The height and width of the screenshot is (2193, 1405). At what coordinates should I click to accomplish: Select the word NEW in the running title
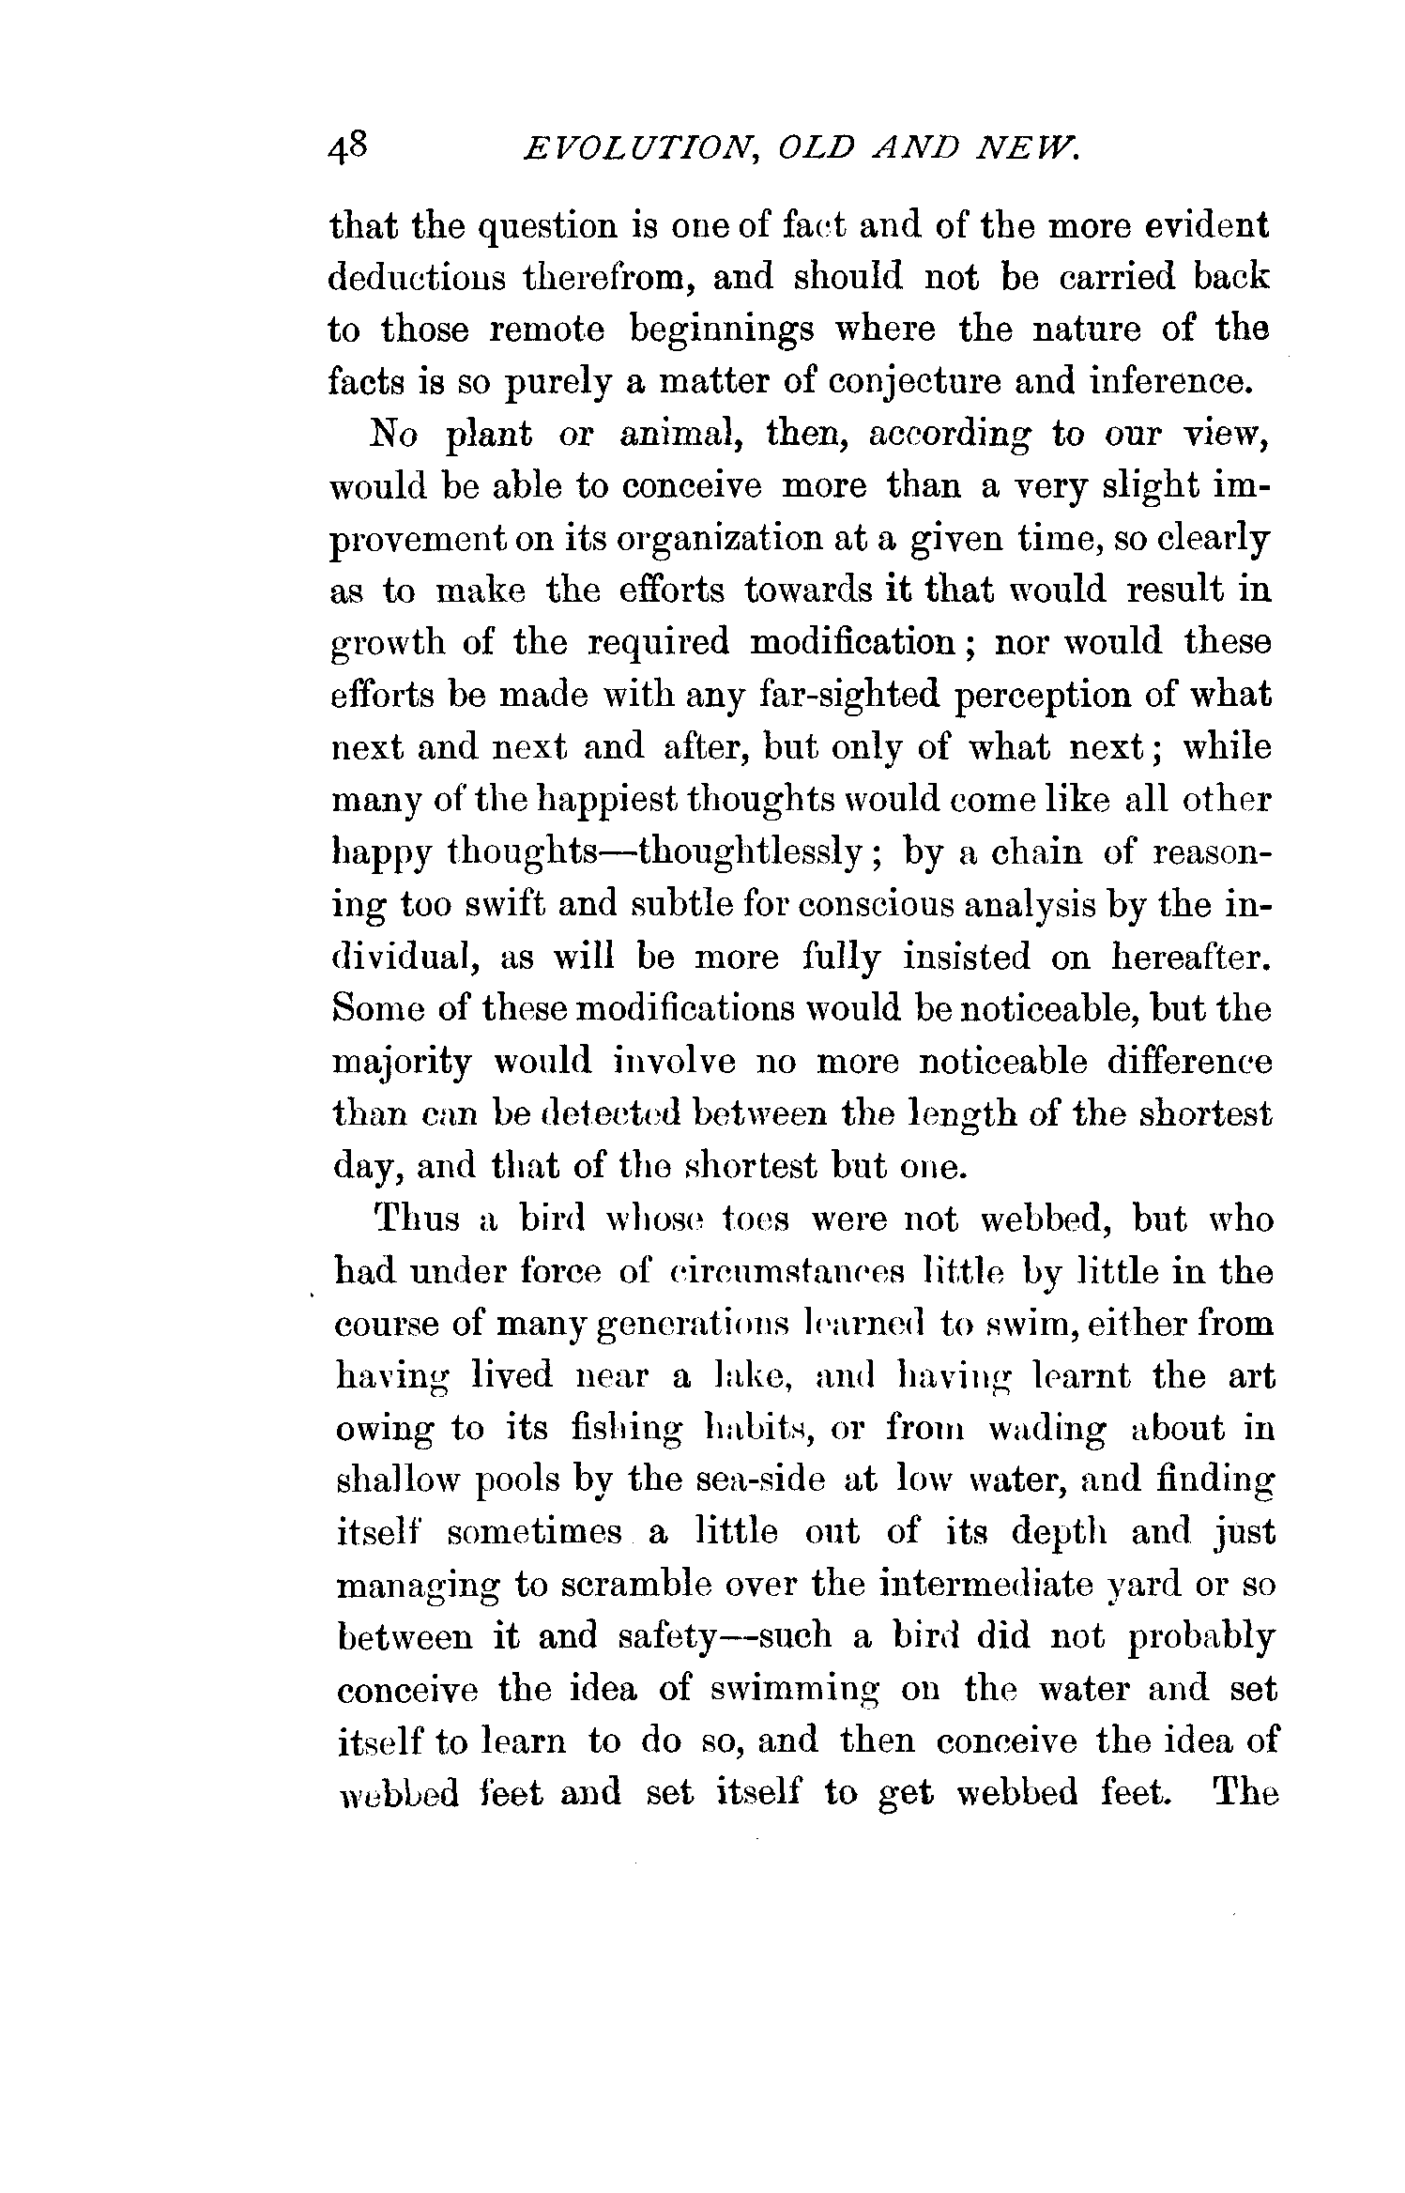point(1031,149)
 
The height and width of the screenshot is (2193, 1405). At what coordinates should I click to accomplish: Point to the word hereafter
point(1191,958)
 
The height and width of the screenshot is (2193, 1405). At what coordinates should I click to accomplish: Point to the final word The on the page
point(1245,1794)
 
